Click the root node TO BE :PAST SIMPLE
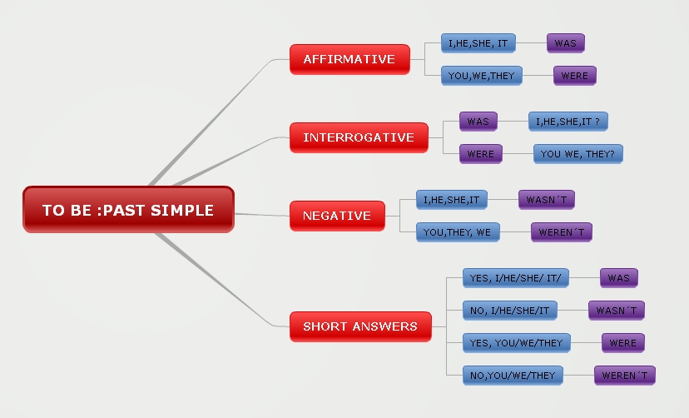coord(128,209)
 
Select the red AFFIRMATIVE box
coord(349,59)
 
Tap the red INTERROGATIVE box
coord(359,137)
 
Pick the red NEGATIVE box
coord(337,215)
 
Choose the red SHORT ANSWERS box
coord(360,326)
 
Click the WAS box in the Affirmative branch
coord(566,42)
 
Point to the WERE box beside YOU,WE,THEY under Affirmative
coord(575,76)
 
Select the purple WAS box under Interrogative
coord(478,122)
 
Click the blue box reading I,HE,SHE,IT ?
coord(569,122)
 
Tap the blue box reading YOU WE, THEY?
coord(578,154)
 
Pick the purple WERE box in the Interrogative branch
coord(481,154)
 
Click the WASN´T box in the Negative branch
coord(546,200)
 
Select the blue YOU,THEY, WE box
coord(458,232)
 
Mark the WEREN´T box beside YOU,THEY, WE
coord(562,232)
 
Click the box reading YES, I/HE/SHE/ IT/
coord(516,278)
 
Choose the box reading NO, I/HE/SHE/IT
coord(510,311)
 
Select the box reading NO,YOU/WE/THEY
coord(513,376)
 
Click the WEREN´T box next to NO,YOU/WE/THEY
coord(625,376)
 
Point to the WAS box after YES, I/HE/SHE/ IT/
coord(619,278)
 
